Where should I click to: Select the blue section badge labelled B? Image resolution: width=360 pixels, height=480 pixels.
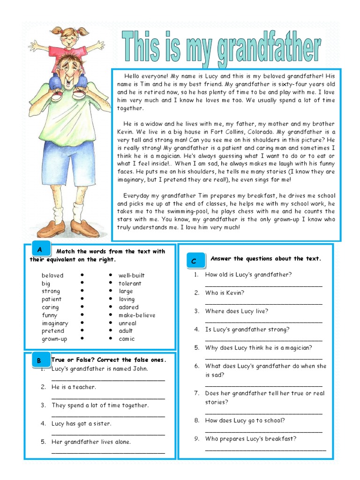click(x=39, y=360)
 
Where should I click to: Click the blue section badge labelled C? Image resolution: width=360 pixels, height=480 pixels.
click(x=194, y=261)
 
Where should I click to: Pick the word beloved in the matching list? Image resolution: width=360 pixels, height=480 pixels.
click(x=52, y=276)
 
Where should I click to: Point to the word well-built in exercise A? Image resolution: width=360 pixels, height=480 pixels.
click(x=131, y=276)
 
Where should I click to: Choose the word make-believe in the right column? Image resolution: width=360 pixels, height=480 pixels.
click(x=137, y=315)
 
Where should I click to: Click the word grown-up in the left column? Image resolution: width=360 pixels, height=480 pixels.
click(x=54, y=339)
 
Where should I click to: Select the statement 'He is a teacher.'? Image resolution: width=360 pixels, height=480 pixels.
click(x=74, y=387)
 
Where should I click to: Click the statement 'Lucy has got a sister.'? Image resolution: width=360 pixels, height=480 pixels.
click(x=81, y=424)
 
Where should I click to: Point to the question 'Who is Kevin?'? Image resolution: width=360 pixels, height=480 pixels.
click(x=225, y=293)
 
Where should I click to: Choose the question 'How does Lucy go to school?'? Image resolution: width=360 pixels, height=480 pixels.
click(x=245, y=421)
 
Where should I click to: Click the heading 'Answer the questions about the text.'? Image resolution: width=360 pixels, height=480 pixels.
click(x=266, y=259)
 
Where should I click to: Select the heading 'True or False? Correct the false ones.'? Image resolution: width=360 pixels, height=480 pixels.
click(x=108, y=360)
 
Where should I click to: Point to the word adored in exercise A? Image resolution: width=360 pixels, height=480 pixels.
click(x=128, y=307)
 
